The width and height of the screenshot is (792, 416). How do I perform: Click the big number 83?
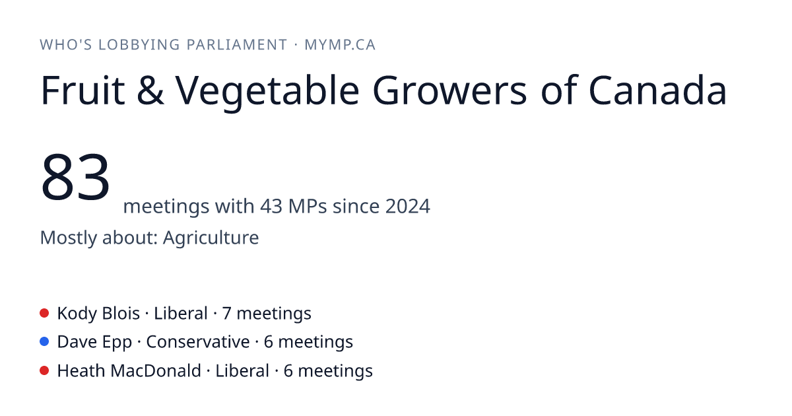point(75,177)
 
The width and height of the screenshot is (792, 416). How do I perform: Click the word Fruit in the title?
point(82,90)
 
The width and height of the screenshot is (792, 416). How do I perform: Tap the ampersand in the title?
point(150,90)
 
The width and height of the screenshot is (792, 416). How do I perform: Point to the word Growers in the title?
point(450,90)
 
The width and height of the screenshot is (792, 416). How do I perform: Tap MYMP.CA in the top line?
point(340,45)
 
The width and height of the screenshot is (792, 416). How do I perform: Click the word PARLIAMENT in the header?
point(237,45)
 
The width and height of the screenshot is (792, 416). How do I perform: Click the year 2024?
point(408,206)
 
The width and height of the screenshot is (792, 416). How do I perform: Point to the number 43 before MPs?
point(271,206)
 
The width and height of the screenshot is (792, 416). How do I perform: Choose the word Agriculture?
point(211,238)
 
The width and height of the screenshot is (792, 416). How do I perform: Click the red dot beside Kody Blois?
point(44,313)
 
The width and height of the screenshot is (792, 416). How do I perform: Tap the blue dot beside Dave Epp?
point(44,342)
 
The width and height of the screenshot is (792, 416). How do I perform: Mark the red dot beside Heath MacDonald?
point(44,370)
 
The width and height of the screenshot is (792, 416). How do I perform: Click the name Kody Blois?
point(98,314)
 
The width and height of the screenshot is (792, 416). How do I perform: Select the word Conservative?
point(198,342)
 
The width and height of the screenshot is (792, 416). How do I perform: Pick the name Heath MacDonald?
point(129,371)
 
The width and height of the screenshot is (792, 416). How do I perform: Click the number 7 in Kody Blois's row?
point(226,314)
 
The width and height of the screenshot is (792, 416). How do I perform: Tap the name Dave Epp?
point(95,343)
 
